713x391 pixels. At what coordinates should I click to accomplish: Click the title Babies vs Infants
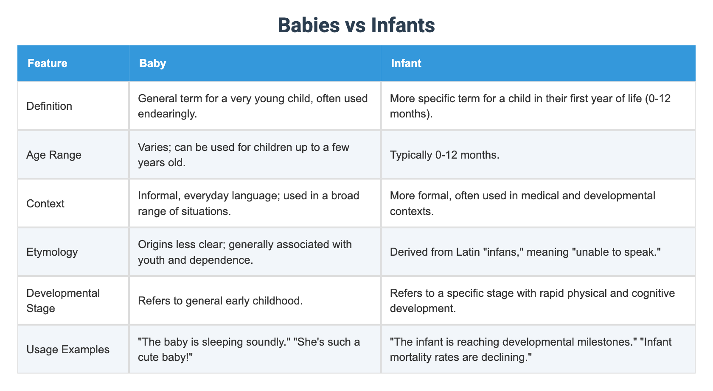click(356, 25)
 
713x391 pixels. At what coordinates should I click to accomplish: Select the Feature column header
click(47, 63)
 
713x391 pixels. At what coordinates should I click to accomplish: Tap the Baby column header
click(152, 63)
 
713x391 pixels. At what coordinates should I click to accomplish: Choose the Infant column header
click(406, 63)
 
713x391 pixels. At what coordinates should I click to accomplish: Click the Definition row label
click(49, 106)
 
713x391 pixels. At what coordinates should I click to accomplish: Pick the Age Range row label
click(53, 155)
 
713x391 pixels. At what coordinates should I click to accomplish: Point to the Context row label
click(45, 204)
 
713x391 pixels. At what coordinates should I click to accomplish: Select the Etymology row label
click(52, 252)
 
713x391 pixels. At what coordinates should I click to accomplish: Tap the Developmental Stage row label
click(63, 301)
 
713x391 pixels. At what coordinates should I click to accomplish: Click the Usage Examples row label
click(68, 349)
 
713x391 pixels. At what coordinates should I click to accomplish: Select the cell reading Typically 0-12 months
click(444, 155)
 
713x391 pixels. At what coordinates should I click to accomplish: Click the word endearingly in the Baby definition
click(167, 114)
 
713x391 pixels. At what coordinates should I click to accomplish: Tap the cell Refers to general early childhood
click(220, 301)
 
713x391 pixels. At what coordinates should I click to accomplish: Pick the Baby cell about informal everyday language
click(248, 204)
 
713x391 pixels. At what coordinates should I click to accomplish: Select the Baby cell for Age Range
click(243, 155)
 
